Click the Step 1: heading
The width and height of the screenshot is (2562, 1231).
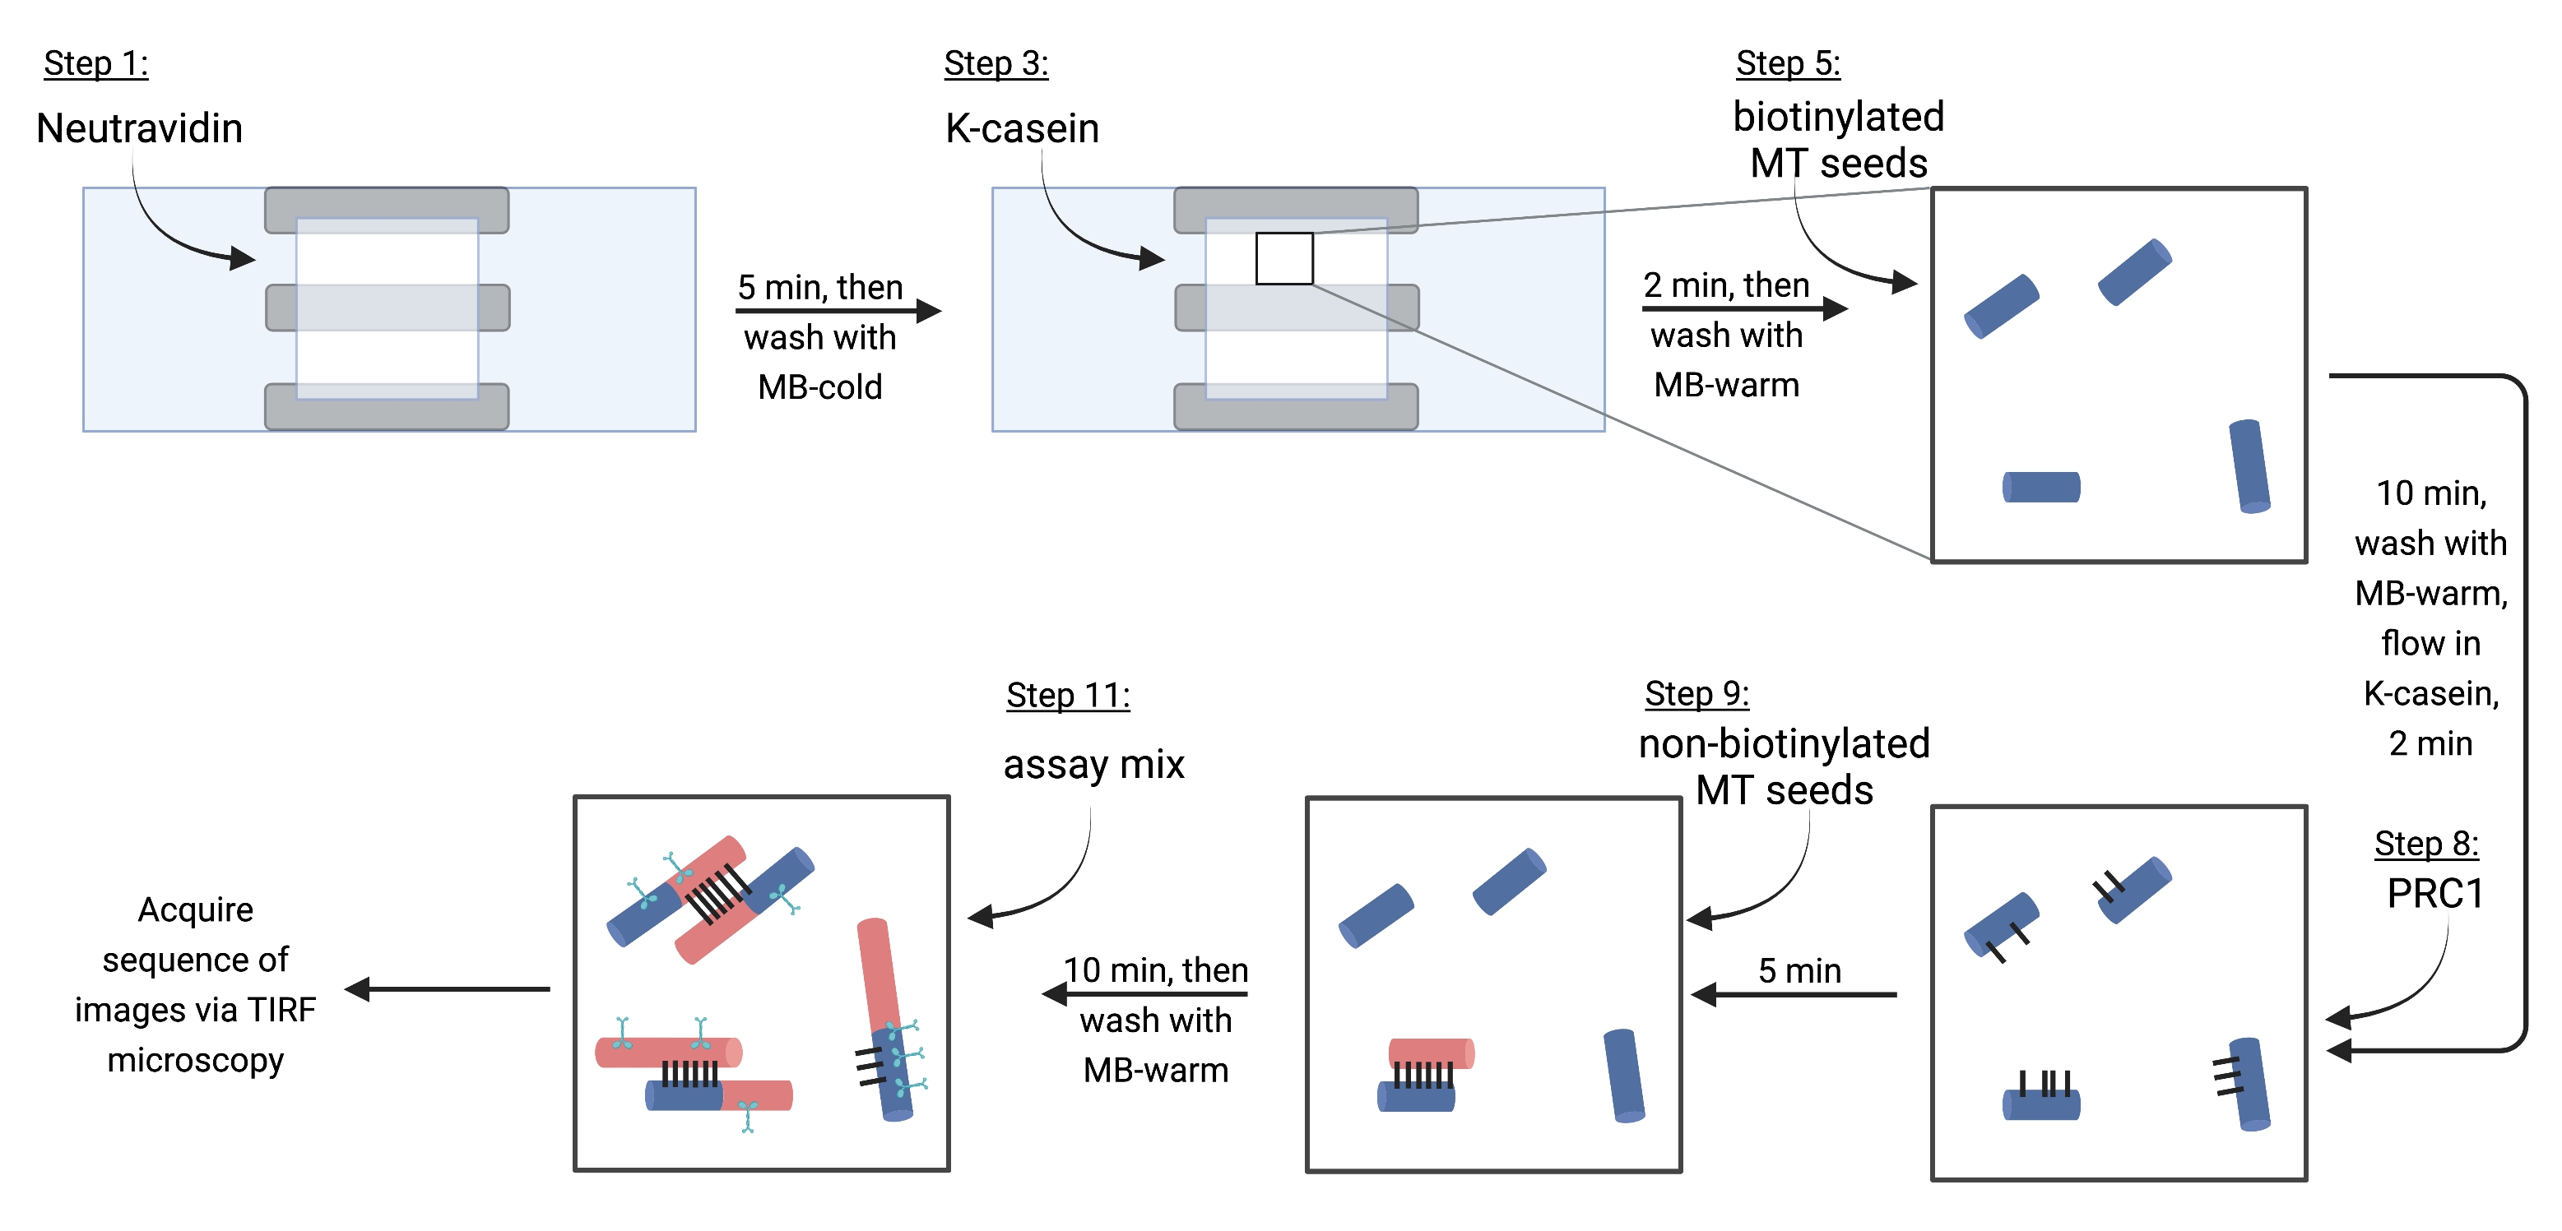click(96, 63)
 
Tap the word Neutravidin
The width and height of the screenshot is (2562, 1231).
click(139, 128)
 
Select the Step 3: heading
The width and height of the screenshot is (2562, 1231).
click(996, 63)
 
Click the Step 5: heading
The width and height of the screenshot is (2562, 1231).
click(1789, 63)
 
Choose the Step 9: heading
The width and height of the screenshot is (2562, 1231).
click(1696, 693)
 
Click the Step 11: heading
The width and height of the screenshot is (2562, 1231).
click(1068, 695)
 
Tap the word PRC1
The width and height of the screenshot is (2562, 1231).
click(2435, 894)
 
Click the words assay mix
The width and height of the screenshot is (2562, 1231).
click(1094, 765)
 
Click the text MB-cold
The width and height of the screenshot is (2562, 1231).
click(819, 386)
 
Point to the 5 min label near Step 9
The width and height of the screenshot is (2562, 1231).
click(1799, 970)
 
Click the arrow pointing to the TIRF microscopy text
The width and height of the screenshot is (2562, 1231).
click(448, 989)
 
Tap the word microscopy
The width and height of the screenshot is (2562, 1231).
click(195, 1061)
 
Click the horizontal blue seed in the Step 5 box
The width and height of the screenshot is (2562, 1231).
click(2041, 488)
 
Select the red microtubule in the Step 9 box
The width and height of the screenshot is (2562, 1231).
click(1432, 1053)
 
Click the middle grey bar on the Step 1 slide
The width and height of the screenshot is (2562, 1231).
click(388, 308)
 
